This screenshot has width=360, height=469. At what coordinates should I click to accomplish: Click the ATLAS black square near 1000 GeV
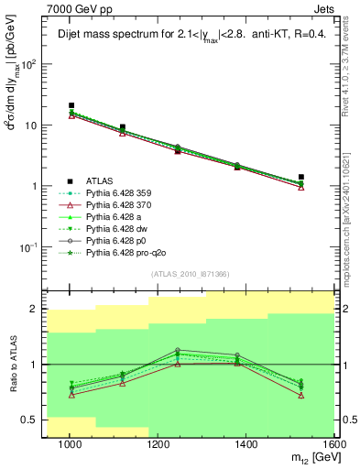click(71, 106)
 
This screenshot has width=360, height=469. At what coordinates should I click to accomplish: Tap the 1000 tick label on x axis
click(70, 444)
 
